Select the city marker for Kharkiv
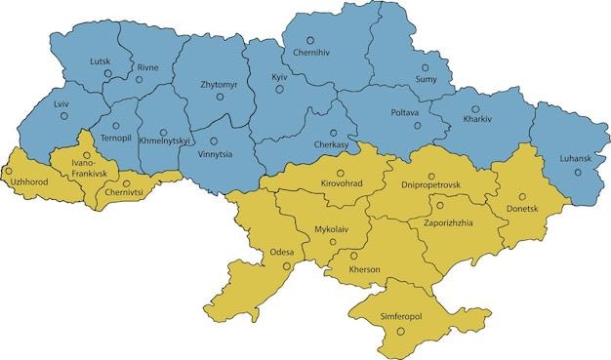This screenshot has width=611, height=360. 475,109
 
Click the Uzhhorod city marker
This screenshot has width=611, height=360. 10,170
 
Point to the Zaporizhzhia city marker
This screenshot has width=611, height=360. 440,206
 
